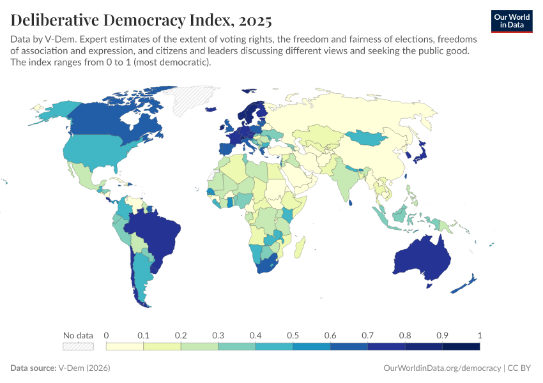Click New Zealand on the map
470,281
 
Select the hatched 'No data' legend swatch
78,347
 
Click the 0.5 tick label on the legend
293,335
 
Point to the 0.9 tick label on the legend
442,335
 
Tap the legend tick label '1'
480,335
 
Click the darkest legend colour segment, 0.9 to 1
461,347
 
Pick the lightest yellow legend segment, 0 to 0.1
125,347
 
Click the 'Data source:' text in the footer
33,368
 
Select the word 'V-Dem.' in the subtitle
56,40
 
